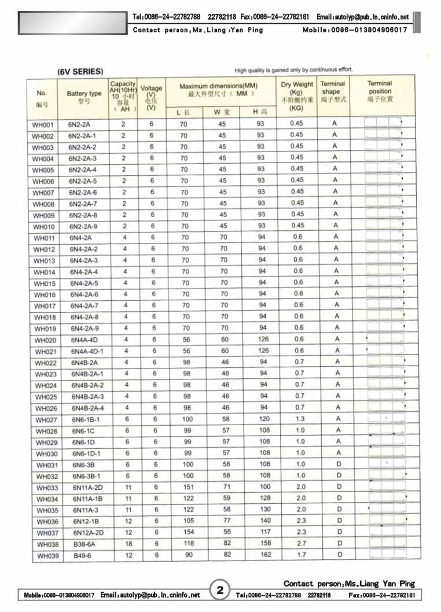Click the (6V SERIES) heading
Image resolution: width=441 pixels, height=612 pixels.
coord(80,72)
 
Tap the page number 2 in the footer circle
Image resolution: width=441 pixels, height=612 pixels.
coord(220,591)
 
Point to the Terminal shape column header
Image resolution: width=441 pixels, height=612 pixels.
coord(333,91)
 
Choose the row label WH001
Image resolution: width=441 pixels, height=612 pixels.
coord(42,125)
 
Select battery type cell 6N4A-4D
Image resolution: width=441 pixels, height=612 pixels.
coord(84,340)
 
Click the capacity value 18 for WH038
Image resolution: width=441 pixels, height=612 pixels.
coord(128,544)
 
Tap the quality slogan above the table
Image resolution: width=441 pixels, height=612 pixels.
coord(293,70)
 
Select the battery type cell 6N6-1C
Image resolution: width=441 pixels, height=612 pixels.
coord(83,431)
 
